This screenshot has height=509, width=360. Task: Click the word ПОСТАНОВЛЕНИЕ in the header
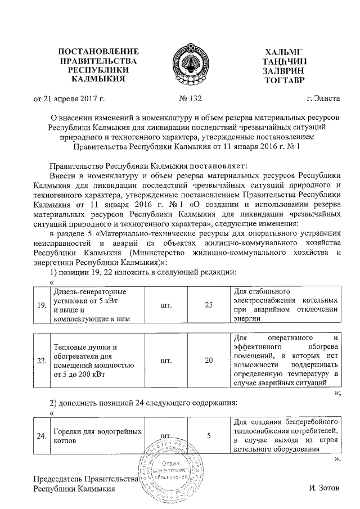coord(98,52)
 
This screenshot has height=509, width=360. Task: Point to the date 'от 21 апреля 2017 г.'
coord(70,100)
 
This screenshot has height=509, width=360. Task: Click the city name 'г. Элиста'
coord(323,100)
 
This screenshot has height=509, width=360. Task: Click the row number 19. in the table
coord(41,305)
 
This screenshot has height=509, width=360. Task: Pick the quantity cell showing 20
coord(209,360)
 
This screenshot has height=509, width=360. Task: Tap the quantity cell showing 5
coord(209,435)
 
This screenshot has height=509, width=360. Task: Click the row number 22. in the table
coord(41,360)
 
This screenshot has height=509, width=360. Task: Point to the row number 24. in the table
coord(41,435)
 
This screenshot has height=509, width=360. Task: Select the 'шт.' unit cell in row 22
coord(166,360)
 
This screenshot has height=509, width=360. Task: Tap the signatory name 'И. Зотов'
coord(325,489)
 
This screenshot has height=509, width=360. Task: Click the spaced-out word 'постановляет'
coord(220,166)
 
